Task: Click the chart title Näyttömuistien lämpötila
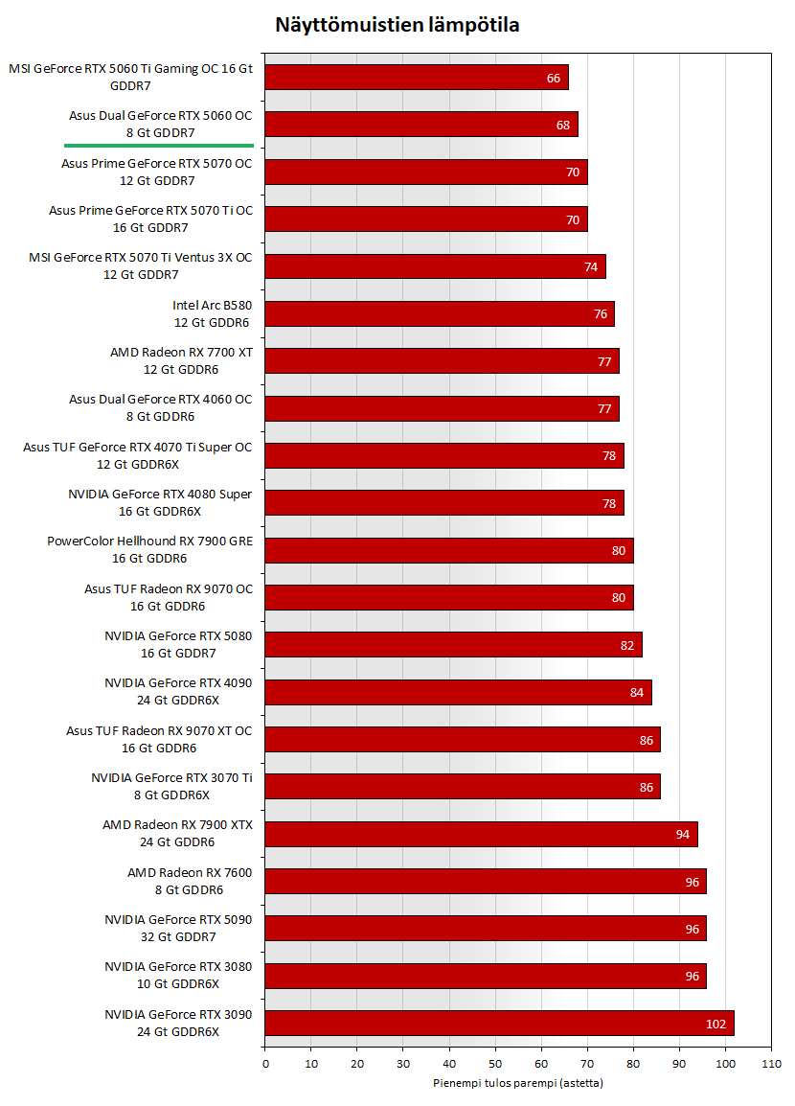pyautogui.click(x=397, y=25)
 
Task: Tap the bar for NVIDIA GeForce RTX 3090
pyautogui.click(x=499, y=1023)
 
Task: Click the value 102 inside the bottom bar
pyautogui.click(x=715, y=1024)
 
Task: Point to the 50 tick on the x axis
pyautogui.click(x=495, y=1064)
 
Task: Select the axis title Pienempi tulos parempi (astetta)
pyautogui.click(x=518, y=1083)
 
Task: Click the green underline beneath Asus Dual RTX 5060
pyautogui.click(x=159, y=145)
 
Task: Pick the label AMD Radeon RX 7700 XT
pyautogui.click(x=181, y=360)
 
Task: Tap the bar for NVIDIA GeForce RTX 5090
pyautogui.click(x=485, y=928)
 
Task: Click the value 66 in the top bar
pyautogui.click(x=554, y=78)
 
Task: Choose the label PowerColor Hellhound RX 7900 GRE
pyautogui.click(x=149, y=549)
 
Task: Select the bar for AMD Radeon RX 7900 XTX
pyautogui.click(x=481, y=834)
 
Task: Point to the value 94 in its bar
pyautogui.click(x=683, y=835)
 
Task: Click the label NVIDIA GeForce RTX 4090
pyautogui.click(x=178, y=691)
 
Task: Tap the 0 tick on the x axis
pyautogui.click(x=265, y=1064)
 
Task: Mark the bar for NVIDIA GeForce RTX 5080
pyautogui.click(x=453, y=644)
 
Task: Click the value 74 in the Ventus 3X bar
pyautogui.click(x=591, y=266)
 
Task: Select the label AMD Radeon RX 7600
pyautogui.click(x=190, y=881)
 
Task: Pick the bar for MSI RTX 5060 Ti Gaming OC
pyautogui.click(x=417, y=77)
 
